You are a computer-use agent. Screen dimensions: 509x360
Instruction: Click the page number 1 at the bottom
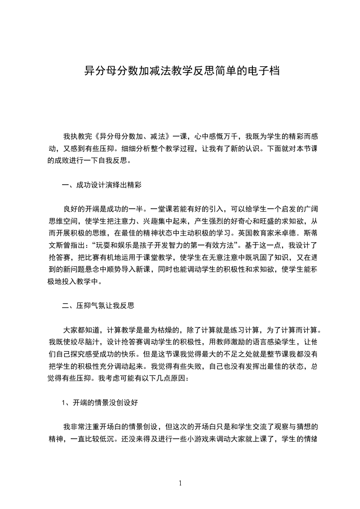point(181,484)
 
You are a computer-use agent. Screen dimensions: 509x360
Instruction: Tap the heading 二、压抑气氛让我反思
point(98,305)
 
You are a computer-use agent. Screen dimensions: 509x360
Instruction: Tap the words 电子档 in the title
point(264,71)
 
